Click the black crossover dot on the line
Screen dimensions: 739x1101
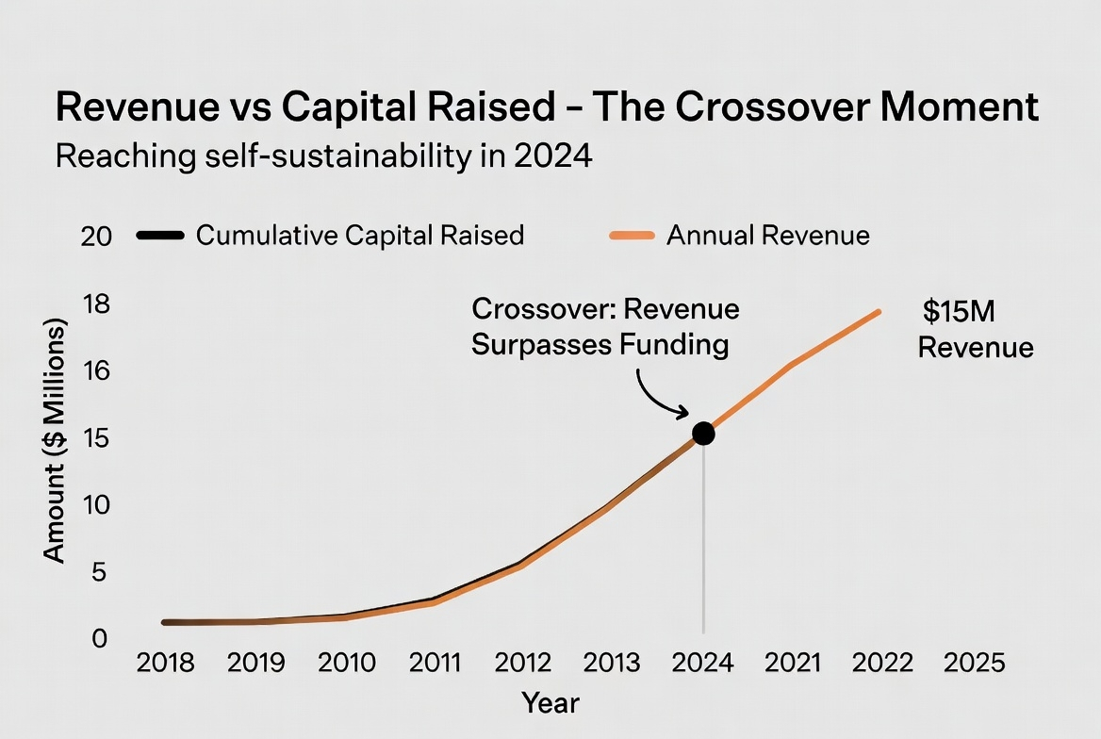[703, 433]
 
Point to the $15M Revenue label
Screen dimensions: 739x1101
[975, 331]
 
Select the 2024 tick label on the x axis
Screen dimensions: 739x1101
[703, 663]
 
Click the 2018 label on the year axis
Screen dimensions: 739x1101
[165, 663]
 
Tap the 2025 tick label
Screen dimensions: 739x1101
[976, 663]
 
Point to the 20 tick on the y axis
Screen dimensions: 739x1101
[97, 236]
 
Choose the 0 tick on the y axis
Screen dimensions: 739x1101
[100, 638]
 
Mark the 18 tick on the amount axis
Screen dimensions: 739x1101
[97, 304]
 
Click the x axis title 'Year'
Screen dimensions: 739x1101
[550, 702]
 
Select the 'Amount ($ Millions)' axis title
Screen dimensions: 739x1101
[56, 441]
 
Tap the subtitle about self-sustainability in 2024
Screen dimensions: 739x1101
[323, 156]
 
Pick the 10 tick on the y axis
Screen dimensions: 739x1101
[97, 504]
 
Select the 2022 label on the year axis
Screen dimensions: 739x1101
[882, 663]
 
